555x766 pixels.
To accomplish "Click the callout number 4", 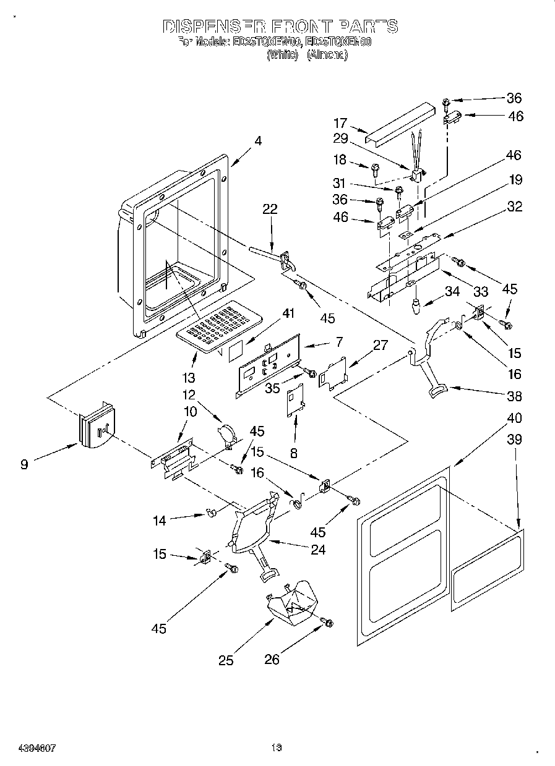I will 257,141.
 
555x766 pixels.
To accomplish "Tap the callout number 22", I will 270,210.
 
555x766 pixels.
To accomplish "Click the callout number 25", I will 226,660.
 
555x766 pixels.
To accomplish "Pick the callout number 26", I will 272,660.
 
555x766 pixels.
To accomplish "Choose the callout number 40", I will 514,418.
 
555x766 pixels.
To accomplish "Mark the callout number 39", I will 514,440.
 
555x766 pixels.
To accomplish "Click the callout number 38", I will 514,397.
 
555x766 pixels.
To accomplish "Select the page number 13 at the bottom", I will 276,748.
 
